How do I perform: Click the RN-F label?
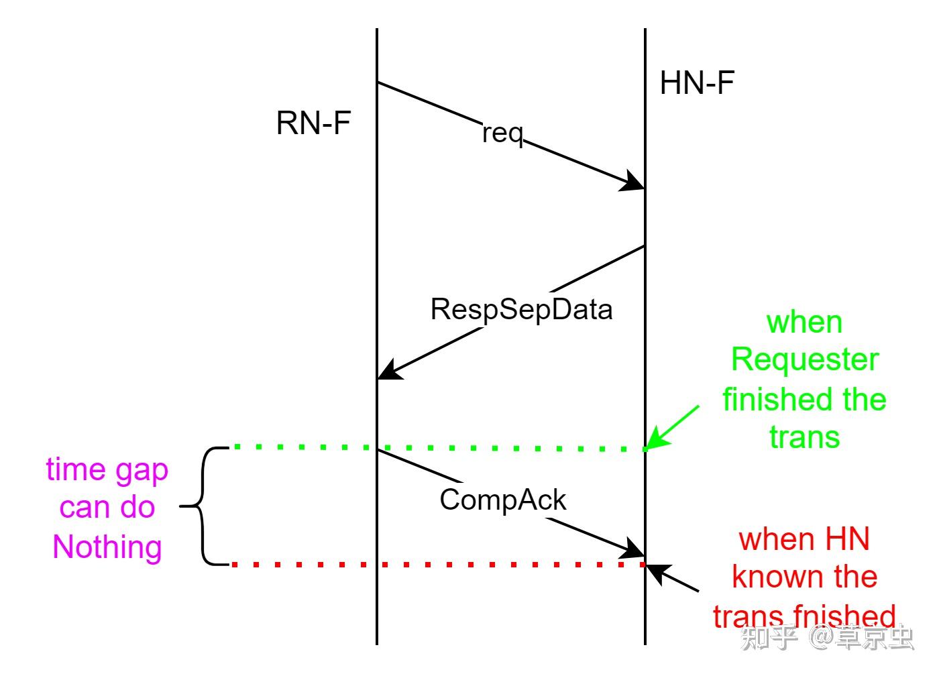pyautogui.click(x=313, y=123)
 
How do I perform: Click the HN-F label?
pyautogui.click(x=697, y=84)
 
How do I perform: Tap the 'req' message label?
pyautogui.click(x=502, y=133)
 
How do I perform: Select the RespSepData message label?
pyautogui.click(x=521, y=309)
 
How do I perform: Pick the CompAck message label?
pyautogui.click(x=503, y=500)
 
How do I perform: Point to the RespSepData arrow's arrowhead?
pyautogui.click(x=390, y=370)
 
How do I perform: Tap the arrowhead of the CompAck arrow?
pyautogui.click(x=632, y=549)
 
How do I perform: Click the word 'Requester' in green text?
pyautogui.click(x=804, y=360)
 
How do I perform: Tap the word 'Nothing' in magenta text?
pyautogui.click(x=107, y=547)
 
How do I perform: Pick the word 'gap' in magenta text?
pyautogui.click(x=142, y=471)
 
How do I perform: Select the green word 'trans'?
pyautogui.click(x=804, y=437)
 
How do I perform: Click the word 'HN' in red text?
pyautogui.click(x=847, y=539)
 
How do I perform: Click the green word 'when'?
pyautogui.click(x=804, y=323)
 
